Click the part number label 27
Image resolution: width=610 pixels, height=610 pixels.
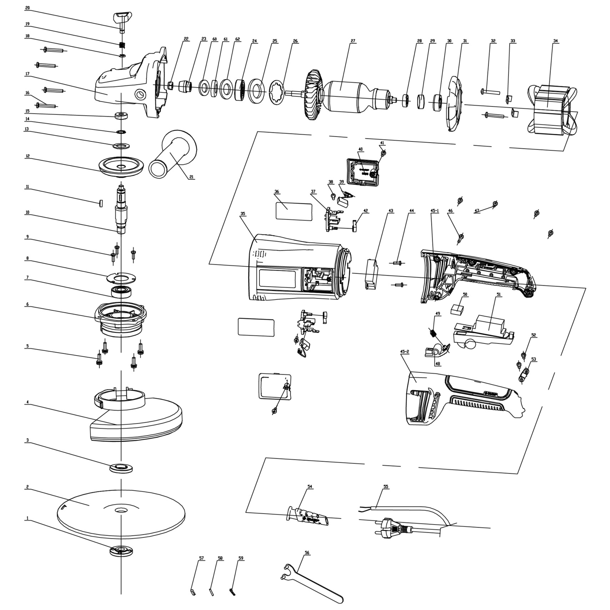coord(353,41)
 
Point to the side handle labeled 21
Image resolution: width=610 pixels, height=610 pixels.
coord(174,155)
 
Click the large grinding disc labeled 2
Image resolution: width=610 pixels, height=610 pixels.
coord(121,512)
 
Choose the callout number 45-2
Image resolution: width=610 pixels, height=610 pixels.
coord(404,351)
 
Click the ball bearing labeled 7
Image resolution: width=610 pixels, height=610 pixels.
coord(121,292)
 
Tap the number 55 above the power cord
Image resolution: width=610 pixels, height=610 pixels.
coord(386,487)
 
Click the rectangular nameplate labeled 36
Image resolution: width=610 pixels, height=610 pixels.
coord(293,211)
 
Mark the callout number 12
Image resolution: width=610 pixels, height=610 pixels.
coord(27,156)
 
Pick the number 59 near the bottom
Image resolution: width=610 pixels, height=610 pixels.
coord(241,558)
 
